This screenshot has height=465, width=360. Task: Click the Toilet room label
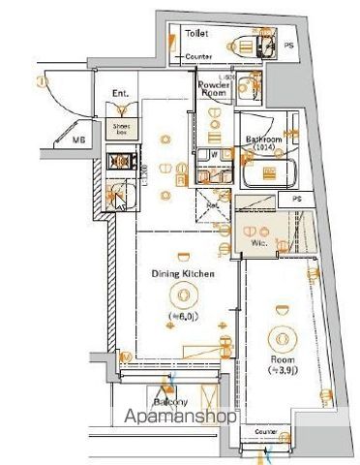196,33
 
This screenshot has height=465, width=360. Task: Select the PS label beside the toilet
288,45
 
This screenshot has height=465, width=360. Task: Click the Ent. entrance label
121,94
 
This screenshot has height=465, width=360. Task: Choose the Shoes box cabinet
122,127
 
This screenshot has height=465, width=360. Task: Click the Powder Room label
213,88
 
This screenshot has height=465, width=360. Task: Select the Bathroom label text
262,139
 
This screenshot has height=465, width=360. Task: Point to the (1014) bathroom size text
262,148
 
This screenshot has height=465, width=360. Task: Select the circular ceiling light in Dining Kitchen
182,296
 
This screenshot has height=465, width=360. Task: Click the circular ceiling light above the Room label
284,339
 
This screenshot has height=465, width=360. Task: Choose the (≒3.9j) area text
284,370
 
